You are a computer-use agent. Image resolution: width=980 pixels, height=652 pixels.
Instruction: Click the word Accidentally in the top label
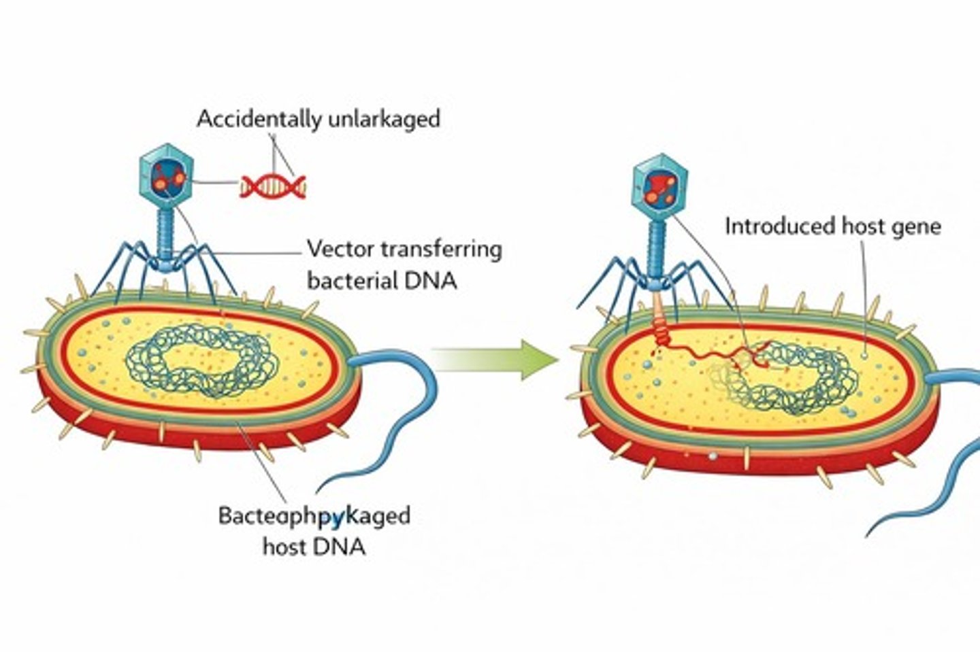(259, 120)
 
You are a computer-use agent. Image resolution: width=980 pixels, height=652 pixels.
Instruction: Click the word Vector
(340, 250)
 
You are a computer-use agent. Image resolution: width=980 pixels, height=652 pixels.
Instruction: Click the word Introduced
(770, 226)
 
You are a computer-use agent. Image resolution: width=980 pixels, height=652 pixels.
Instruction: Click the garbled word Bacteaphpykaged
(314, 516)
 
